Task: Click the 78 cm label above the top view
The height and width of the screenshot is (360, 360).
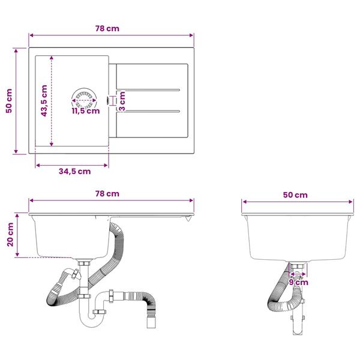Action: coord(107,28)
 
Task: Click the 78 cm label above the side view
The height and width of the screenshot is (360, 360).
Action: coord(107,194)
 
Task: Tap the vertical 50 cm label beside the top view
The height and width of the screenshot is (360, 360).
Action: coord(9,101)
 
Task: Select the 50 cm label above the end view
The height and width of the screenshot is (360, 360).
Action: coord(295,195)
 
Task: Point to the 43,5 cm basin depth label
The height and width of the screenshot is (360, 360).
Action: coord(44,101)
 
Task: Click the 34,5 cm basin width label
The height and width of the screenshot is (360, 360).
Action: coord(74,171)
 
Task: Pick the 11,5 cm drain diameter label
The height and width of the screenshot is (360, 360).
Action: coord(86,111)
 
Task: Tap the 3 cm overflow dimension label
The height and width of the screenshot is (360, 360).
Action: coord(122,101)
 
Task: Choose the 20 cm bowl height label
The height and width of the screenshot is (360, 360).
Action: coord(10,235)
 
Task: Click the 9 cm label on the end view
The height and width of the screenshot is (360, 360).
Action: coord(298,282)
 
